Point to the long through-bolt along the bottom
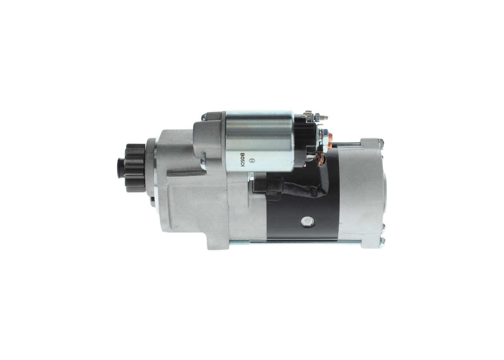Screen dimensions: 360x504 (x=295, y=241)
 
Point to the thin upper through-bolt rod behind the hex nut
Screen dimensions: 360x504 (x=346, y=144)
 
